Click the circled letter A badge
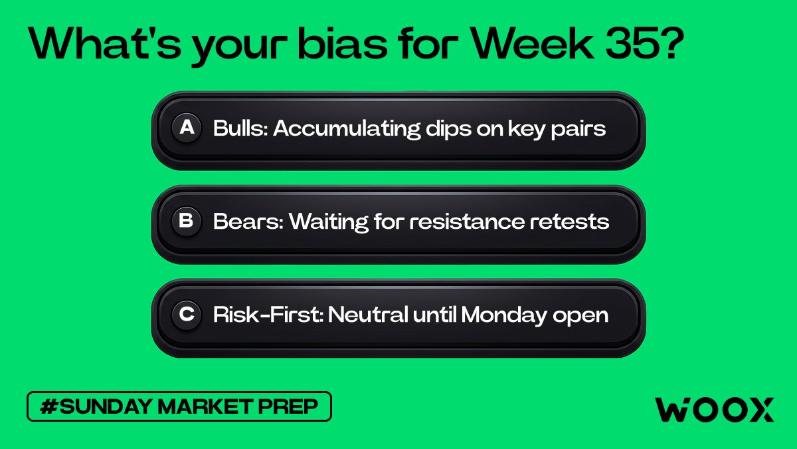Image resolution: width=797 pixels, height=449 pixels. [x=187, y=128]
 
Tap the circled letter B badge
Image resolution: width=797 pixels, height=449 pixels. [x=187, y=221]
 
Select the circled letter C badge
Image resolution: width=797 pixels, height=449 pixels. [x=187, y=314]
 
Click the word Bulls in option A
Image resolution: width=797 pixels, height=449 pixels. [x=240, y=128]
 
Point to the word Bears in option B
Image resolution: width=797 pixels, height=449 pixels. [x=248, y=222]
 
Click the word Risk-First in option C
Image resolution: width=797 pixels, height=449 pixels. [x=268, y=315]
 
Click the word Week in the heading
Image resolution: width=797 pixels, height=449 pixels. [x=533, y=43]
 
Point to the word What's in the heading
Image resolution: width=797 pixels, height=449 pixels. [x=105, y=43]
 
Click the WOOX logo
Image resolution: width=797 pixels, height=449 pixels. [x=715, y=410]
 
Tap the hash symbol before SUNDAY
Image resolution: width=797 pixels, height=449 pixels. [x=48, y=406]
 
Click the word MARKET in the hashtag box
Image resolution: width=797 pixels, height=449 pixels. [x=205, y=406]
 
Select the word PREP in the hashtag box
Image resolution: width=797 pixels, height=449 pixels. [x=288, y=406]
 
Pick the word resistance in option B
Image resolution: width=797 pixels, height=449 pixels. [x=467, y=222]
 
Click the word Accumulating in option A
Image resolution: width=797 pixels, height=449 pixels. [x=347, y=128]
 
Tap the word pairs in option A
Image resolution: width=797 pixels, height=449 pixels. [x=578, y=129]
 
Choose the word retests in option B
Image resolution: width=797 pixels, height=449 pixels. [x=569, y=222]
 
